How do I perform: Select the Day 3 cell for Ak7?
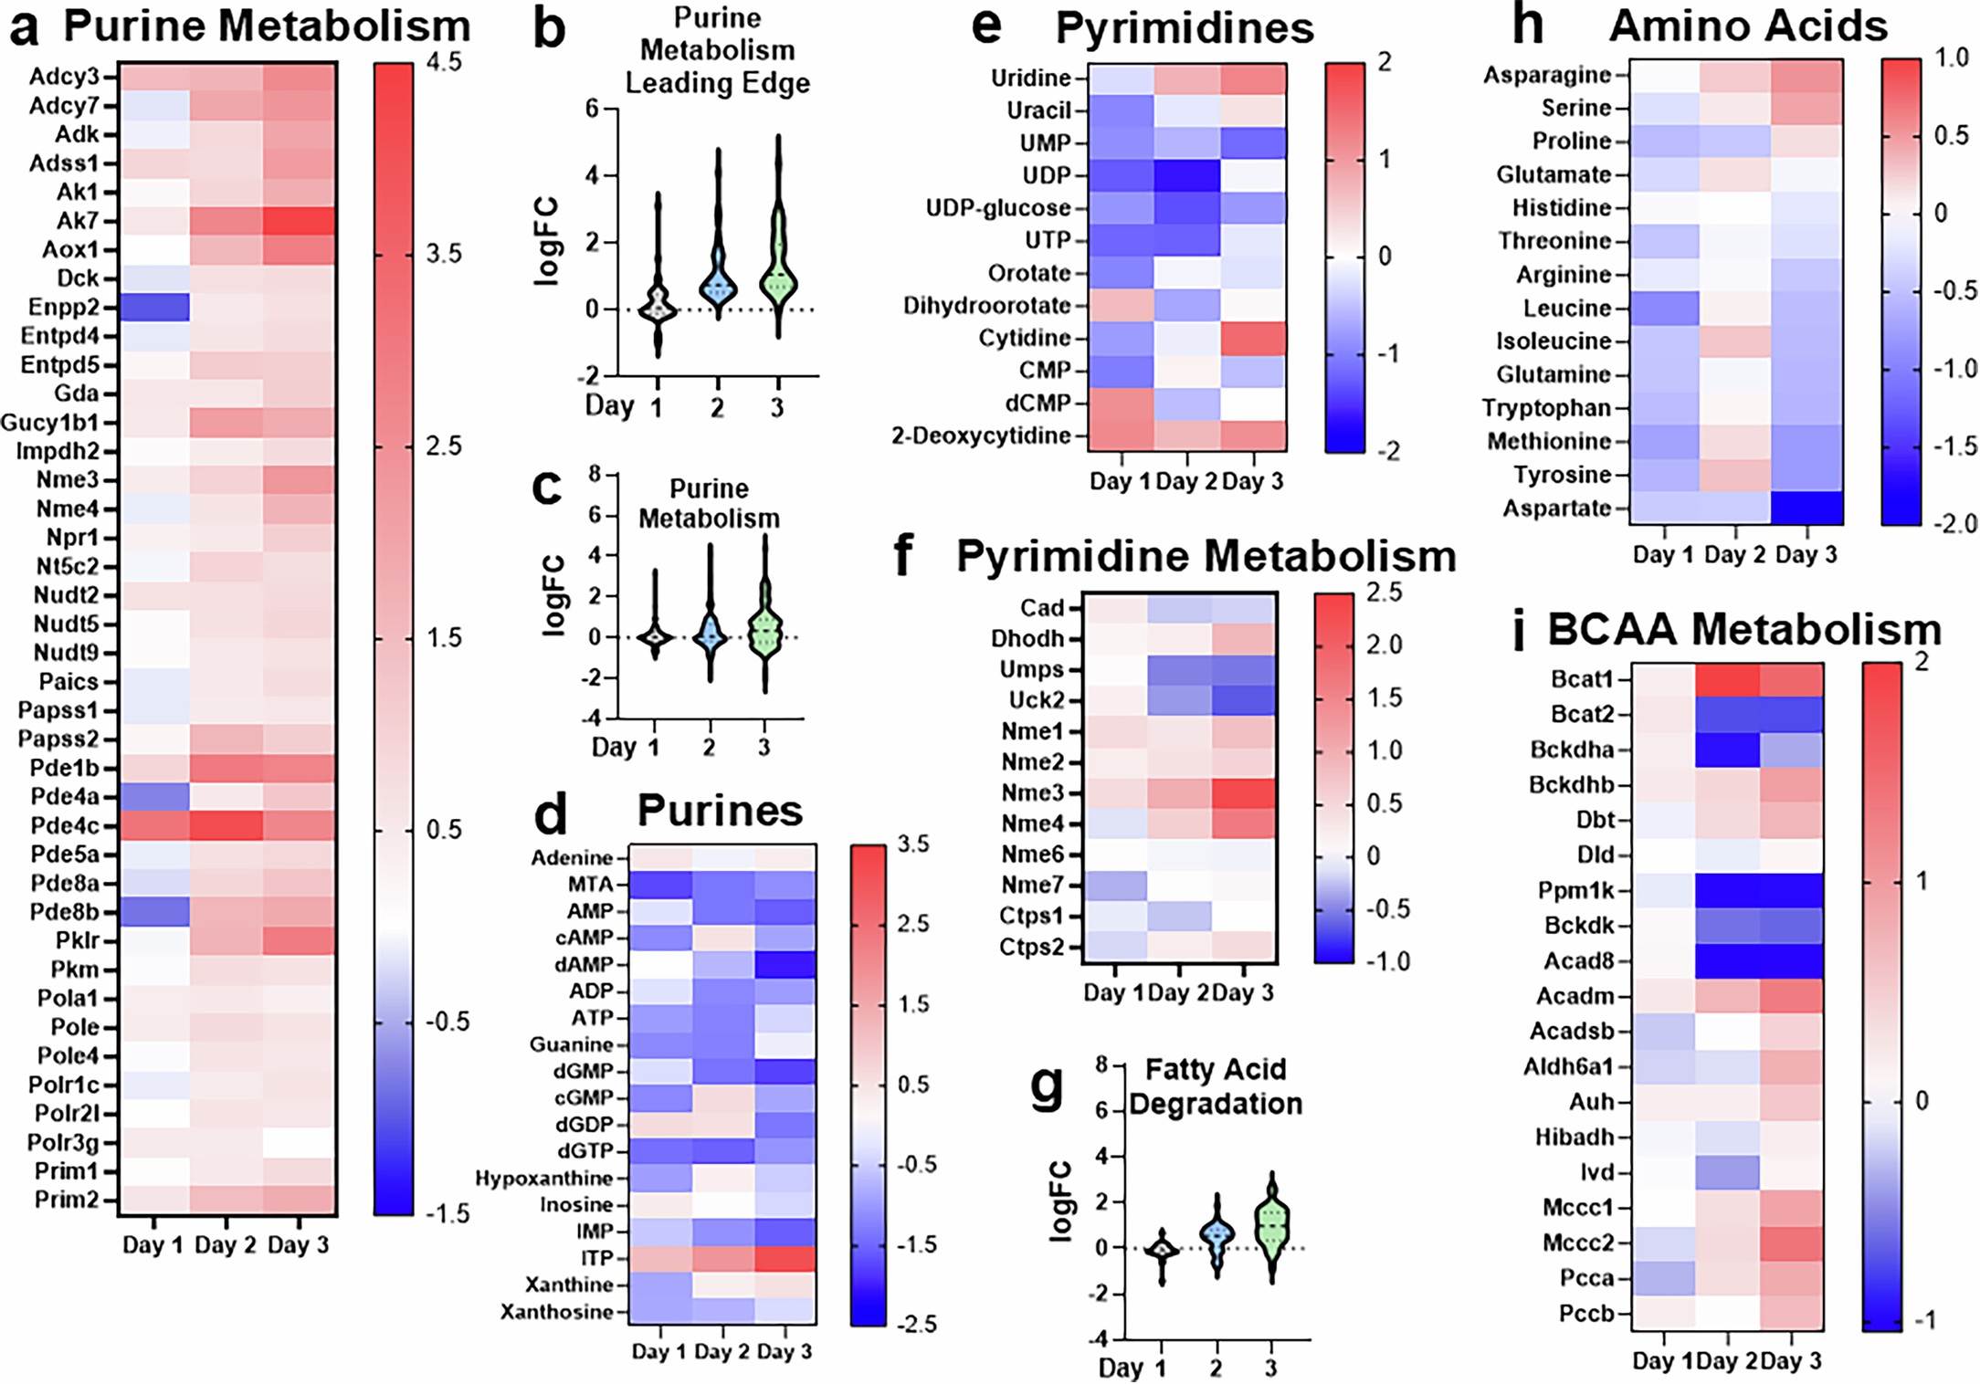(300, 221)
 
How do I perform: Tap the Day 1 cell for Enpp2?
(154, 307)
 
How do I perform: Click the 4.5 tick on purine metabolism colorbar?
(444, 62)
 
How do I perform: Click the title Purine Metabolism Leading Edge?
(717, 51)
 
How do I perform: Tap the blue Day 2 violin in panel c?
(710, 630)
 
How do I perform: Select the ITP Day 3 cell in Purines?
(785, 1258)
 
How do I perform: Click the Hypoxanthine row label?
(543, 1178)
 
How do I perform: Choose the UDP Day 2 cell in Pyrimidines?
(1187, 175)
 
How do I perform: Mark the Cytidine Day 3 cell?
(1253, 338)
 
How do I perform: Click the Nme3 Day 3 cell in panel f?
(1244, 792)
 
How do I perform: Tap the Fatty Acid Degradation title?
(1215, 1086)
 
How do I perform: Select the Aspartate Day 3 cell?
(1806, 508)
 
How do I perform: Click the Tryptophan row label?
(1545, 408)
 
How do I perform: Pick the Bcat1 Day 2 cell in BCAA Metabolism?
(1727, 680)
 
